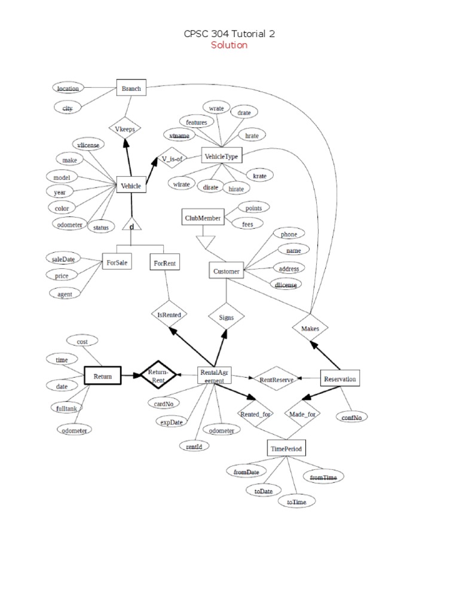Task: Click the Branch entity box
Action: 131,89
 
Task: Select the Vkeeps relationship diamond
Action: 125,128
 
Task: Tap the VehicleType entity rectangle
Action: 221,156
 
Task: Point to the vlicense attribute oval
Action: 88,144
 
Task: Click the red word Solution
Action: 229,45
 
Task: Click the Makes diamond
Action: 310,328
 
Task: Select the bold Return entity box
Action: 103,376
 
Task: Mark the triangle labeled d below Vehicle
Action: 131,225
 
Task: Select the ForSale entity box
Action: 117,262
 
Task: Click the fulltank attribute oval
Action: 66,408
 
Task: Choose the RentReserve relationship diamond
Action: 273,378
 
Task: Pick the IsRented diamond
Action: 169,314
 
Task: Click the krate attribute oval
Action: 259,176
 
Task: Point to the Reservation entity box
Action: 340,379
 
